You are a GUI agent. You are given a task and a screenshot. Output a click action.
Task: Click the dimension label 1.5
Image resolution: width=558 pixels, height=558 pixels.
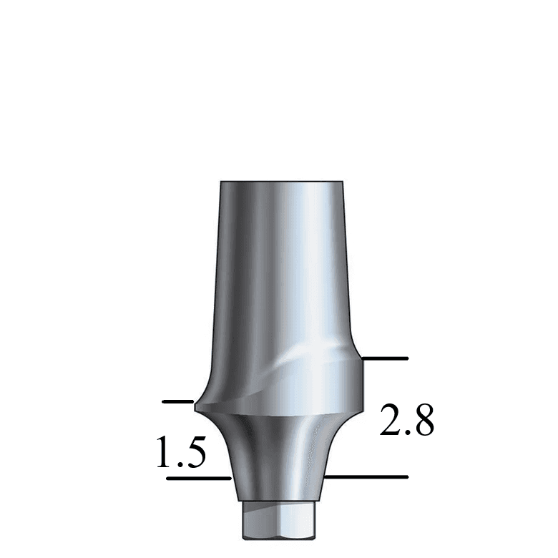coord(181,451)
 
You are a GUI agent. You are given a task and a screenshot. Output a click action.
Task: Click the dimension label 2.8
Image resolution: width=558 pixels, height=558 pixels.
coord(407,419)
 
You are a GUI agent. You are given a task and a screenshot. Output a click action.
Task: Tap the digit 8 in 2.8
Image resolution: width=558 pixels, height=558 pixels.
coord(422,419)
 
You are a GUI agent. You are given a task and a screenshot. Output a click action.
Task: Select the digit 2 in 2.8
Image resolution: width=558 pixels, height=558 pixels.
coord(390,419)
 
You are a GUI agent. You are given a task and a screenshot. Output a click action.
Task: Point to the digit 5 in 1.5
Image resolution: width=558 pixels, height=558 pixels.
coord(195,452)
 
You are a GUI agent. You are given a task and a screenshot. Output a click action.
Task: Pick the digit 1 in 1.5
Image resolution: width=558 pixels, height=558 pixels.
coord(164,451)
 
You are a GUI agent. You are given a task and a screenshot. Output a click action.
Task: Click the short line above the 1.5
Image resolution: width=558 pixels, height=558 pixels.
coord(178,401)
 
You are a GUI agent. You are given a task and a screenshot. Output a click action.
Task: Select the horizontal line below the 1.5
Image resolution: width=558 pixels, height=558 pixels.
coord(199,479)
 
